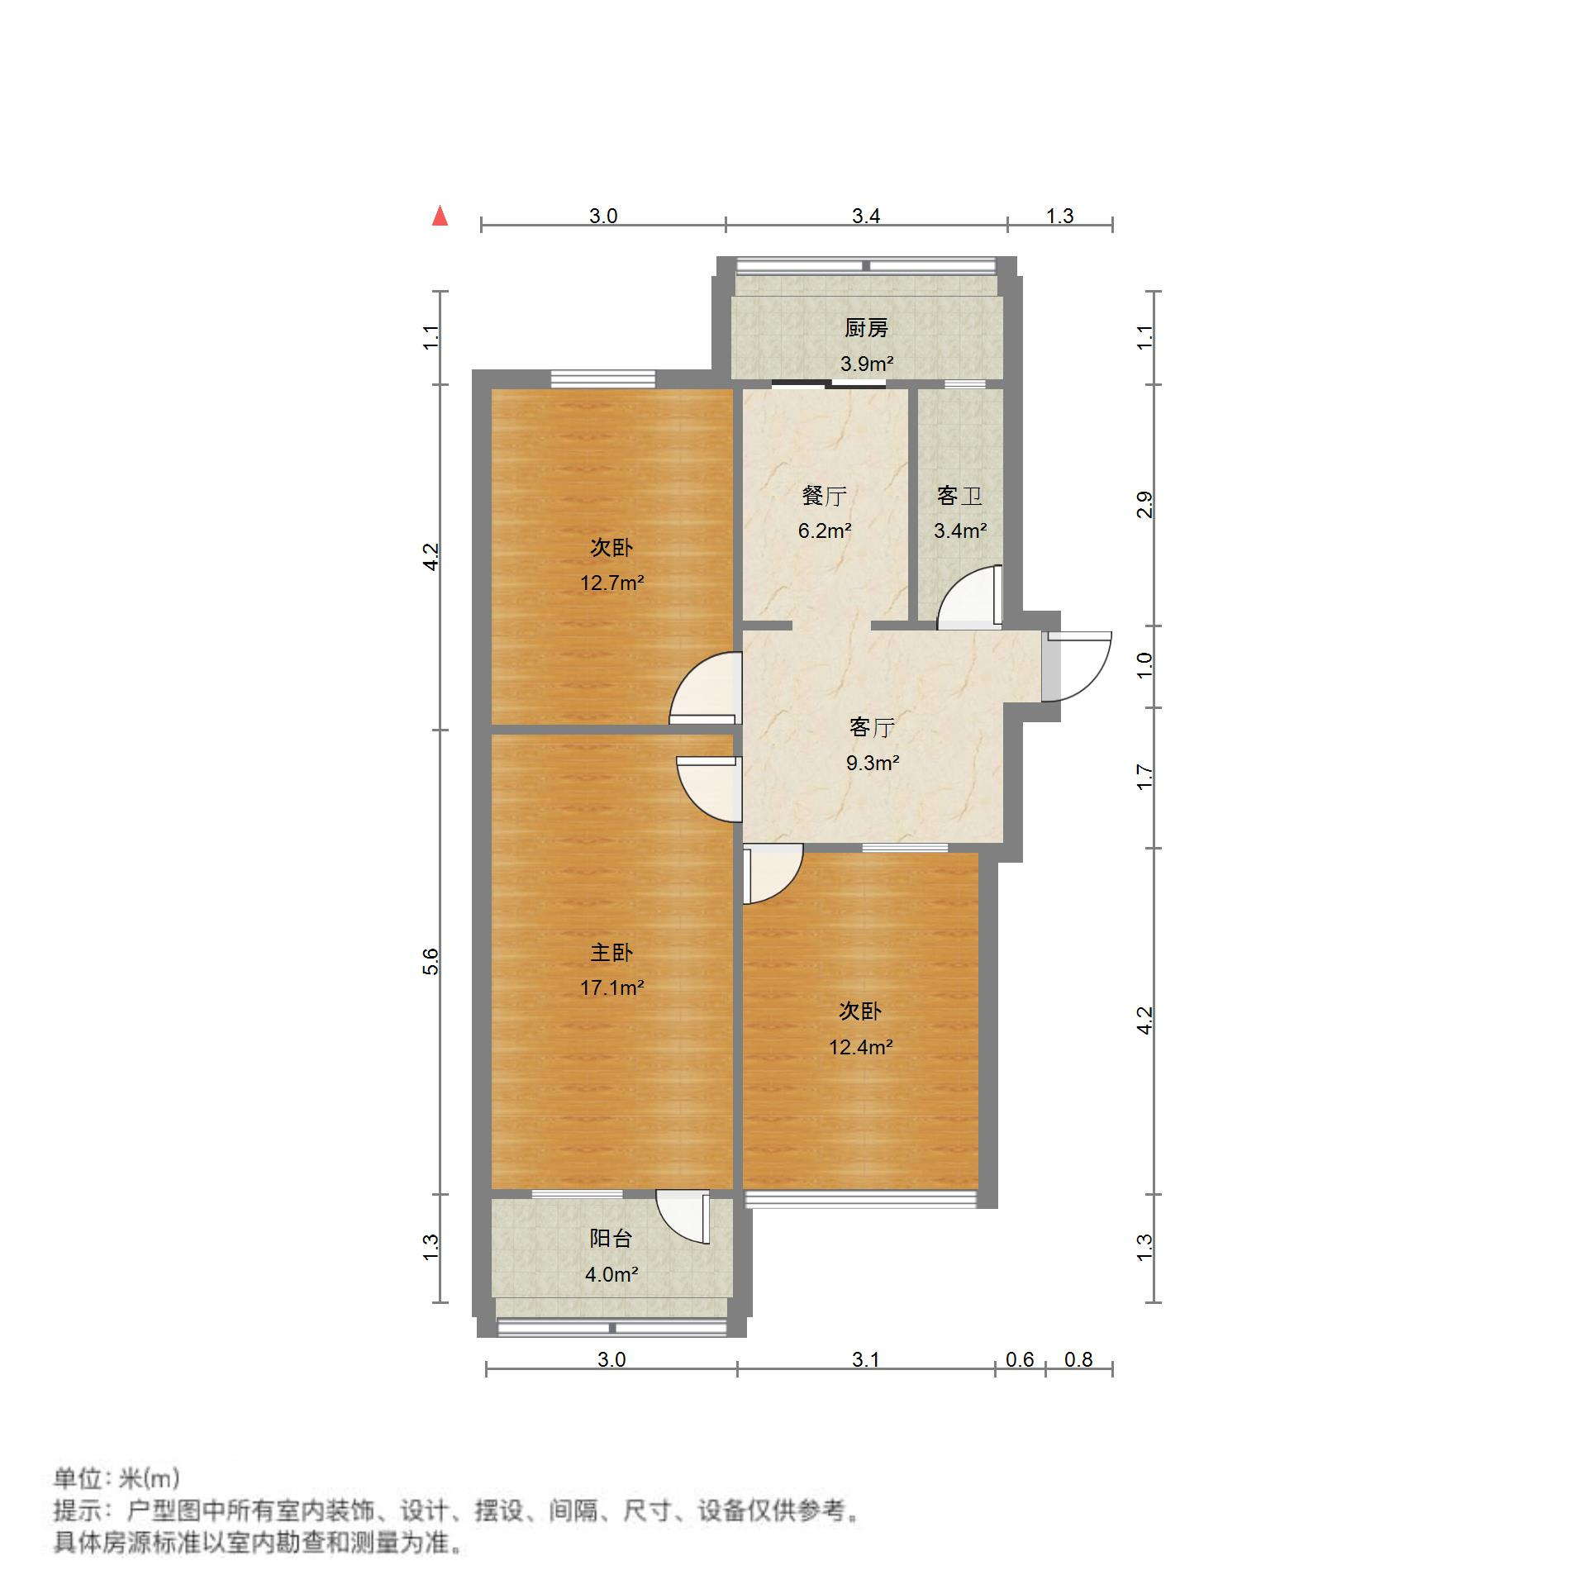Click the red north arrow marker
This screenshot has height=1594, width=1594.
click(x=440, y=216)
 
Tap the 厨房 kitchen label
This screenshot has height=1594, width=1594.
click(x=866, y=328)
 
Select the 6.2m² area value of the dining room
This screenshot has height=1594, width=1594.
click(x=824, y=531)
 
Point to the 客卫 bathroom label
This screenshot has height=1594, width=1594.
click(x=959, y=496)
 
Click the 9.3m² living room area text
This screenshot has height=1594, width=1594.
click(x=872, y=763)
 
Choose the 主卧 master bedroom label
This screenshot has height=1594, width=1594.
click(x=611, y=953)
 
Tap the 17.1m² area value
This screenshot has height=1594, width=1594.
click(x=611, y=987)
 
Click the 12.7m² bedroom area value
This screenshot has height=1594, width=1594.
click(x=611, y=583)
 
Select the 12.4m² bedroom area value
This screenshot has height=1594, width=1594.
click(x=860, y=1047)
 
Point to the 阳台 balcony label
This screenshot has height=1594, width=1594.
click(x=611, y=1238)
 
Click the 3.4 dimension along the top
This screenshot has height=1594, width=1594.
click(x=866, y=216)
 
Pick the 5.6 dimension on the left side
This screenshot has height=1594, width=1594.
click(x=431, y=962)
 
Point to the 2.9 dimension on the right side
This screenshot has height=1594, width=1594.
click(x=1144, y=504)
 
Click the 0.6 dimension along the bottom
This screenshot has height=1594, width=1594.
click(x=1020, y=1359)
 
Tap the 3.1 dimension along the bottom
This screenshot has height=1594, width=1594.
click(x=865, y=1359)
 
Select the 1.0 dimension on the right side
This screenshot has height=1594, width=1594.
click(x=1144, y=666)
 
